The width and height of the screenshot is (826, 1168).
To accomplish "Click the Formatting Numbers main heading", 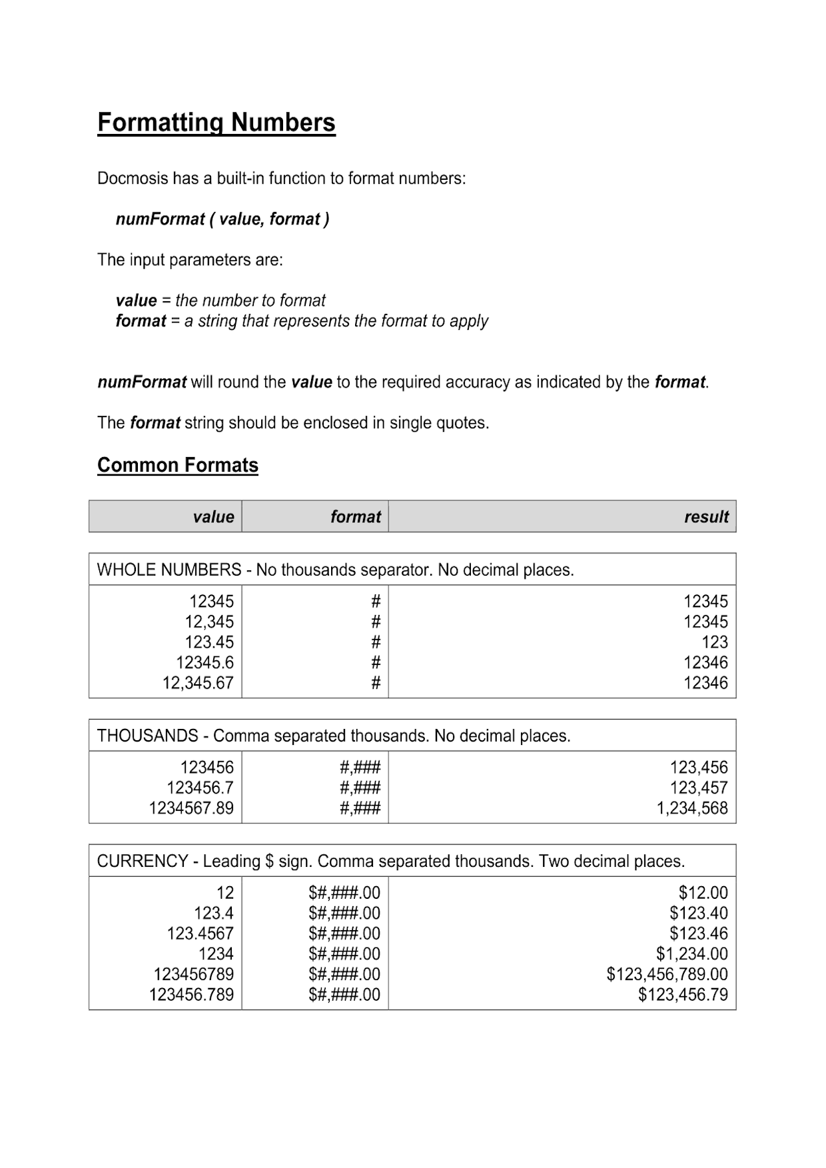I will tap(216, 123).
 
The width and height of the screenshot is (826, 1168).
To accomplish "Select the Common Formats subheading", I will tap(178, 465).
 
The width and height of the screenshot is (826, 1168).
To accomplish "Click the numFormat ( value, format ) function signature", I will tap(222, 219).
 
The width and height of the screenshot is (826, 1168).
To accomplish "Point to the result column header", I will tap(706, 517).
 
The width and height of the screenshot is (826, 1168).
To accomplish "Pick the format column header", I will tap(356, 517).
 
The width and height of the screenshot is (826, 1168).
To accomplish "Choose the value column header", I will tap(213, 517).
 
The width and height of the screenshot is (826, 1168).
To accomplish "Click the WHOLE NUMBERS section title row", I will tap(335, 570).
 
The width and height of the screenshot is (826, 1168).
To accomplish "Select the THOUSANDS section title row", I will tap(334, 736).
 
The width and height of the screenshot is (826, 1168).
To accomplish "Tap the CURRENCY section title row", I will tap(390, 862).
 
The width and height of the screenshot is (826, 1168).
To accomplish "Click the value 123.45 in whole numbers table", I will tap(209, 642).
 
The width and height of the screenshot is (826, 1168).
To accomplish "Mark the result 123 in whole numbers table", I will tap(715, 642).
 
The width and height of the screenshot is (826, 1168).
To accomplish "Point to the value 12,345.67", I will tap(199, 683).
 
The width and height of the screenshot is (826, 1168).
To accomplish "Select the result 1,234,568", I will tap(692, 808).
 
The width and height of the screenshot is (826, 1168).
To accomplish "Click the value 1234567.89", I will tap(191, 808).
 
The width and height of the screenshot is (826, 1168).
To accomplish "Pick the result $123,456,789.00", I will tap(667, 974).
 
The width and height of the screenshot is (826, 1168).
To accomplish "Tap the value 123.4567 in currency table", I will tap(200, 933).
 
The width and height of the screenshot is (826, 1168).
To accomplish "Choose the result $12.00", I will tap(703, 893).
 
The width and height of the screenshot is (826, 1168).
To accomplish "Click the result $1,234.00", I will tap(692, 954).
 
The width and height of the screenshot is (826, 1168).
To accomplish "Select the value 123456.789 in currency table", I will tap(191, 995).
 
